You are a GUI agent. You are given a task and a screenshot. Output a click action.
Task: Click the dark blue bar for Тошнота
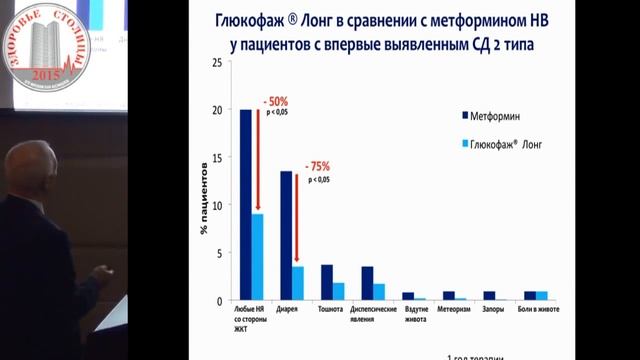tap(326, 282)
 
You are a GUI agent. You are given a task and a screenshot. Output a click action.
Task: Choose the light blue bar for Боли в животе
tap(542, 296)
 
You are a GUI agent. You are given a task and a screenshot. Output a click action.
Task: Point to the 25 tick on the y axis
tap(218, 63)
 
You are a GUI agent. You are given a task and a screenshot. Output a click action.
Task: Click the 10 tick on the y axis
tap(218, 205)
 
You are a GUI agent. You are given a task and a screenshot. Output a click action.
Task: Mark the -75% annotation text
tap(317, 166)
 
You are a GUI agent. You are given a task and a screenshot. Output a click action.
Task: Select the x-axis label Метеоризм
tap(449, 310)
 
